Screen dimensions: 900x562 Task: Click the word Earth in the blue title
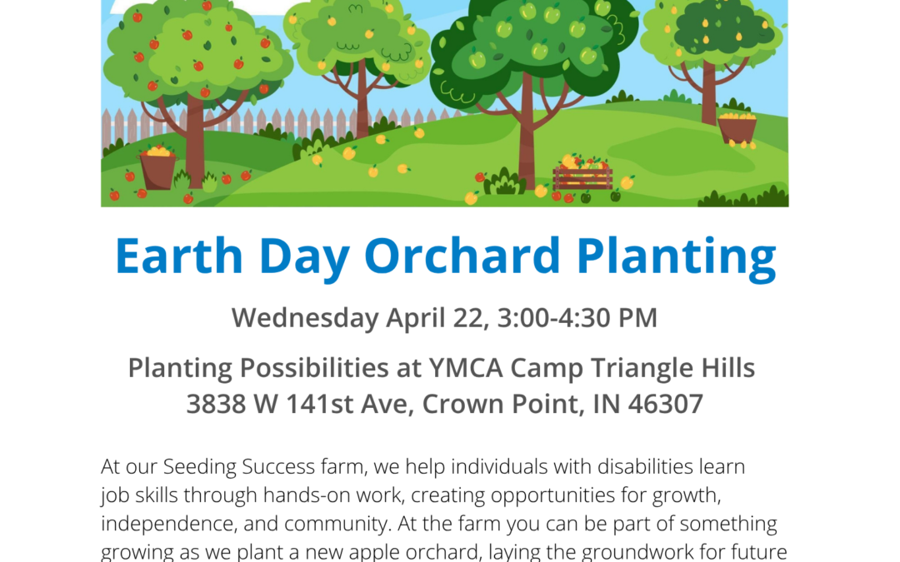[x=179, y=256]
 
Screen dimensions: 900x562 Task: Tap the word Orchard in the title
[x=462, y=256]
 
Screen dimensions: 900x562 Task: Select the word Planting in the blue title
[x=676, y=259]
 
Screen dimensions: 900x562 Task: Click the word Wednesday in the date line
[x=305, y=318]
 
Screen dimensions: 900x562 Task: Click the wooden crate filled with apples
[x=582, y=174]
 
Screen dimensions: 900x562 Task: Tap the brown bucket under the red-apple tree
[x=157, y=170]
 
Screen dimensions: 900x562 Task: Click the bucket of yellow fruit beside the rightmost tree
[x=737, y=128]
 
